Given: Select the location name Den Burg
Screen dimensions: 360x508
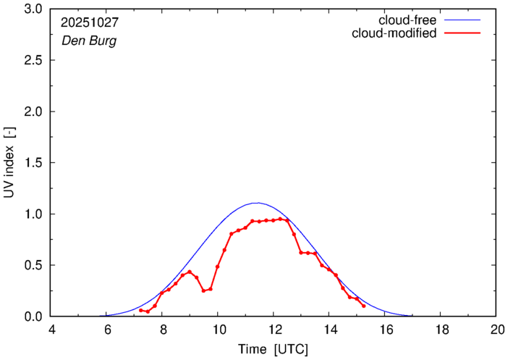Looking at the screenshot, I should (x=89, y=41).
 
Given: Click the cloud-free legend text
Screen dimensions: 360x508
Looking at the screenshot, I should (x=406, y=20).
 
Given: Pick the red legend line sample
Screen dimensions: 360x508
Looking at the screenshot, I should (x=463, y=34).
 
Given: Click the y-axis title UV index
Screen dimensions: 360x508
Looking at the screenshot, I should (x=11, y=163).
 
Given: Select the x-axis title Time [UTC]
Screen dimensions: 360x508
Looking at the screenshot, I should (x=274, y=349).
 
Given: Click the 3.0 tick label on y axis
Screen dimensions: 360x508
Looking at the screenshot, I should (x=34, y=9).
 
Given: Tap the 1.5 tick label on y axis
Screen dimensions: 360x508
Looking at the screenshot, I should (x=34, y=163).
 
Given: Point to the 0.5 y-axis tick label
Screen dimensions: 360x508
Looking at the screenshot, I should (x=34, y=265).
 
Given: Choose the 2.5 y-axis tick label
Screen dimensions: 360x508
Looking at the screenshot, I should (x=34, y=61).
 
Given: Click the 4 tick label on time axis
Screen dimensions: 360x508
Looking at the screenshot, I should (x=51, y=329).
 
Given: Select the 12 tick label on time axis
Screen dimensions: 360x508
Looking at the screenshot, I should (x=274, y=329).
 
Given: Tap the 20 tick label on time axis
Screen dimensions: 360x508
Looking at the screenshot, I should (x=496, y=329).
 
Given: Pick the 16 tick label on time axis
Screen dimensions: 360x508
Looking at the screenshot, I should (x=385, y=329).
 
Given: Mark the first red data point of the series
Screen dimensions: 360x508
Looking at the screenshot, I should (x=141, y=310).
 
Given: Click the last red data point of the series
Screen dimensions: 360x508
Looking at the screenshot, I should (x=363, y=306).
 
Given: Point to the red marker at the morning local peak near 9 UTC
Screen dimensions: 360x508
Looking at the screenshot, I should (x=190, y=272).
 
